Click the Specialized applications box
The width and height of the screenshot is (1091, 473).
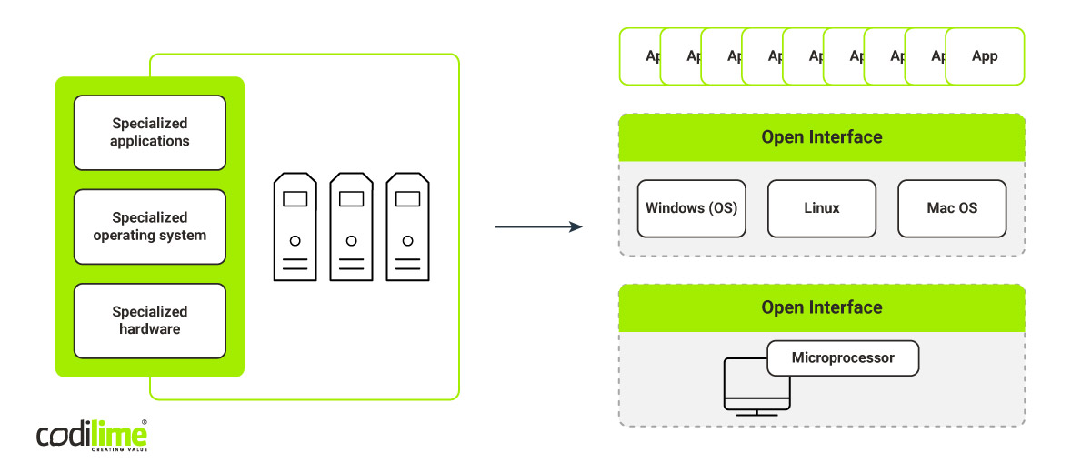(x=150, y=133)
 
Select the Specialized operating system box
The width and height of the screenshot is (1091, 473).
(x=150, y=226)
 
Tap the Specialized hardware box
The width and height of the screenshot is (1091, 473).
(x=150, y=321)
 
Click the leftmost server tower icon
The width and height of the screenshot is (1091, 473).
(x=295, y=226)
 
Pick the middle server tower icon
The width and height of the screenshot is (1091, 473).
(x=351, y=226)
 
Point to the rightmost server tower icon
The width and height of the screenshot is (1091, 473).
(x=407, y=226)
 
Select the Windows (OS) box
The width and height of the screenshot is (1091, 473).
(x=691, y=208)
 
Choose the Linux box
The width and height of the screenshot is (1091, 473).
(x=822, y=208)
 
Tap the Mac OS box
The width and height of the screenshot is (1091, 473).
(x=952, y=208)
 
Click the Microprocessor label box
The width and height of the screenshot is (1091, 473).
(x=843, y=358)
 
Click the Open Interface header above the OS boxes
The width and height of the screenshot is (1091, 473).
(x=822, y=137)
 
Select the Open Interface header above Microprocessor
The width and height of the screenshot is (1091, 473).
(x=822, y=307)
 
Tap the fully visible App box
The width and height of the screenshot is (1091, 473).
(x=985, y=56)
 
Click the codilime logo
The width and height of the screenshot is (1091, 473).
(x=92, y=436)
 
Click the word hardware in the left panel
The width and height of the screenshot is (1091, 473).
(x=150, y=329)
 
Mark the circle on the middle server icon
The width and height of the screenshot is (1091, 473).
(x=351, y=241)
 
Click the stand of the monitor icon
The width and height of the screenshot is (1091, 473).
(x=756, y=412)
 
